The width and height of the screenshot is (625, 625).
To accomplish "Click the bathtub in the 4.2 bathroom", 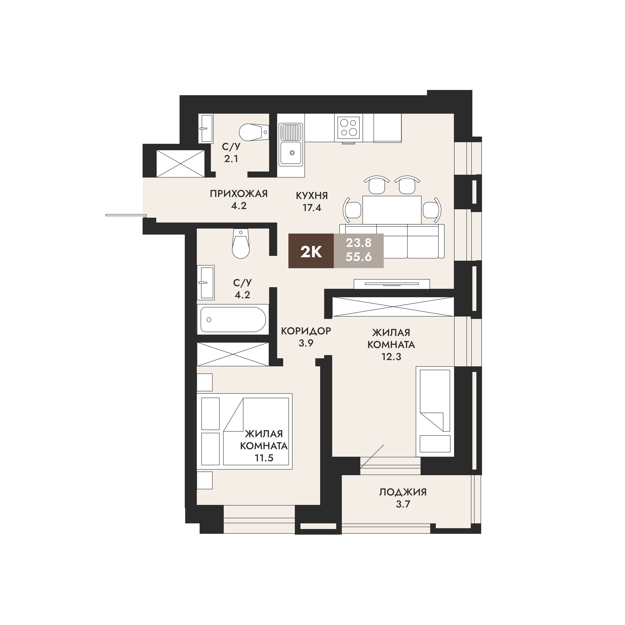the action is point(233,320).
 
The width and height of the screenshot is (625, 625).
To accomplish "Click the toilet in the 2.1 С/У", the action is point(254,132).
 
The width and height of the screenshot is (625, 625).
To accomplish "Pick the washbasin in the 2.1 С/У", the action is point(206,128).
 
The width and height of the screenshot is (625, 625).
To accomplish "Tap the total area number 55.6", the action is point(358,257).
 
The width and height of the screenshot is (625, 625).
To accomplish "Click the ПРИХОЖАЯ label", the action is point(239,194).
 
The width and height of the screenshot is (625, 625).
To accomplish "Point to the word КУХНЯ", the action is point(312,196).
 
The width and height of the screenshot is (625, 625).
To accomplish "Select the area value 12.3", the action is point(391,356).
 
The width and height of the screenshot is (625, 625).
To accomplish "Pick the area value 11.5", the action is point(264,458).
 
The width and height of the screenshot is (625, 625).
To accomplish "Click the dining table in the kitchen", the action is point(392,210).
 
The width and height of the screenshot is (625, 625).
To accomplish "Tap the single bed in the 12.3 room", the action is point(435,412).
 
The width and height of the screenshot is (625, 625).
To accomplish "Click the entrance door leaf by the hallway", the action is point(126,215).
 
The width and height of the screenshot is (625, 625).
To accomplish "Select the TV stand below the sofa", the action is point(392,284).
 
